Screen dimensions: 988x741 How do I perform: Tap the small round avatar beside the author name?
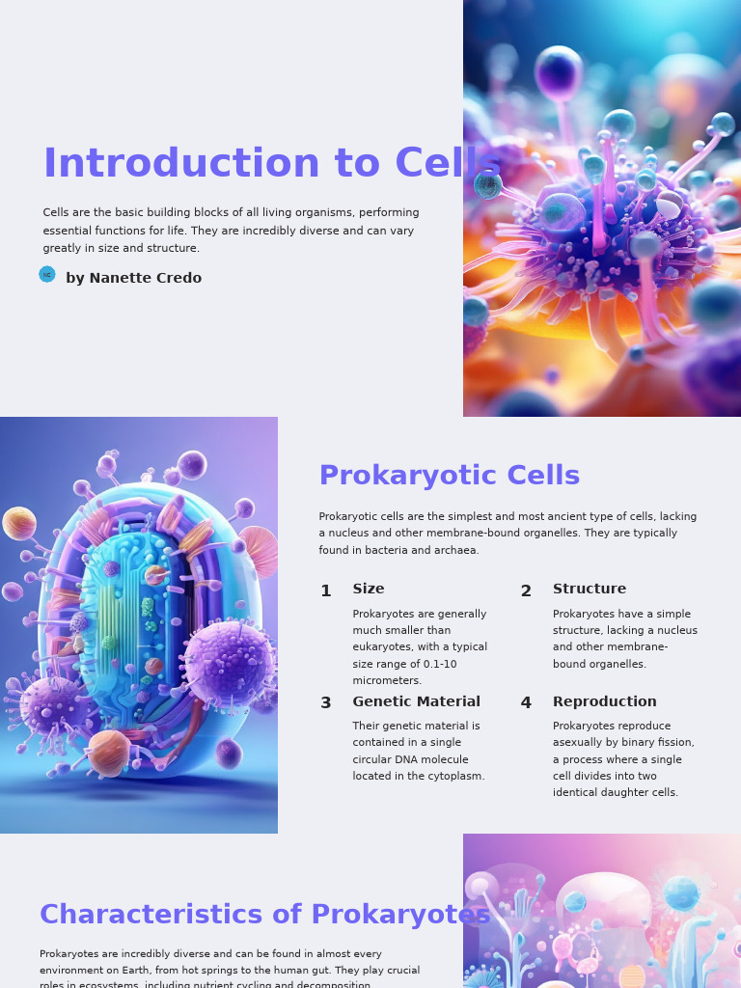coord(47,274)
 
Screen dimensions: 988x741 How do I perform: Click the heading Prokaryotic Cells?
coord(449,476)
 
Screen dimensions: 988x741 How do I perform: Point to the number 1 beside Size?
coord(326,591)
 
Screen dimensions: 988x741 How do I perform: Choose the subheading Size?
coord(368,590)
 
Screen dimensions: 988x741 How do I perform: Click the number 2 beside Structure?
coord(526,591)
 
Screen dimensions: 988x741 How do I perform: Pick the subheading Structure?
coord(589,590)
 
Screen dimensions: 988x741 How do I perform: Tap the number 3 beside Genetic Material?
coord(326,703)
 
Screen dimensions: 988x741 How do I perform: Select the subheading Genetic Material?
coord(416,702)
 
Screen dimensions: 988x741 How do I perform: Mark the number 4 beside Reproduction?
coord(526,703)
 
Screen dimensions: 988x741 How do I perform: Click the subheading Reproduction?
coord(604,702)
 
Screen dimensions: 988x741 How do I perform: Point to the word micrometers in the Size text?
coord(387,681)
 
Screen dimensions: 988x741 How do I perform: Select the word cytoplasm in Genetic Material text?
coord(456,777)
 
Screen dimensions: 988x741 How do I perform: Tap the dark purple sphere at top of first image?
coord(559,72)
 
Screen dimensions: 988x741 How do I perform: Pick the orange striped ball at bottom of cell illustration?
coord(108,752)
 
